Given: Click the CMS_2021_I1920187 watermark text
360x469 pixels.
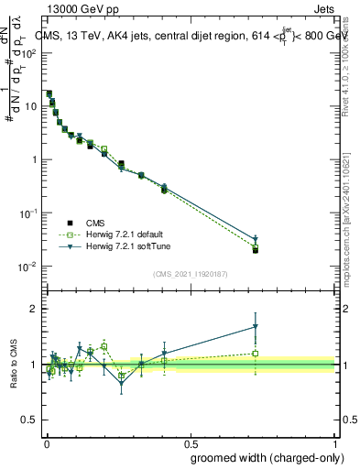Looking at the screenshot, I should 190,272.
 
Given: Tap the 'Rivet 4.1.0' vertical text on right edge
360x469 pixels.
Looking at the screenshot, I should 354,92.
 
